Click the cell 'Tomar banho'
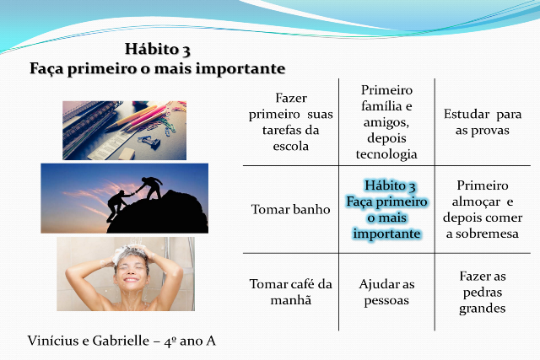point(290,209)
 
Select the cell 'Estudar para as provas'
point(483,122)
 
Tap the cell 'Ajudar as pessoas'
point(386,293)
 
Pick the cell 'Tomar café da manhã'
point(290,293)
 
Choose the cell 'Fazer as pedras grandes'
point(483,293)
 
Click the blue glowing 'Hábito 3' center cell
point(386,209)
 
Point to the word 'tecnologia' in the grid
point(386,154)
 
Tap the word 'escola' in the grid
point(290,146)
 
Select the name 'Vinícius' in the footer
point(53,341)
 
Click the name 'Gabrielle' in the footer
point(121,341)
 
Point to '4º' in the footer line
point(170,341)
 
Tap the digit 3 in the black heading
point(186,51)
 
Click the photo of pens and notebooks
point(124,131)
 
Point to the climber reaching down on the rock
point(150,186)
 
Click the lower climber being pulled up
point(118,205)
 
